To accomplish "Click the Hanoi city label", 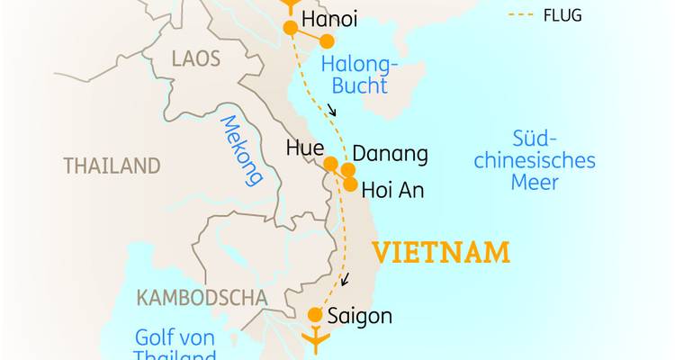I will (x=330, y=20).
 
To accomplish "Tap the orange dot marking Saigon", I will (x=315, y=315).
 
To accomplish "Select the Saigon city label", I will (x=360, y=316).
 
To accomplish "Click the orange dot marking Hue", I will (x=330, y=164).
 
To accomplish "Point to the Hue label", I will (x=304, y=149).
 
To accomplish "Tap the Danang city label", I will (x=390, y=154).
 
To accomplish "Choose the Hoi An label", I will (x=391, y=191).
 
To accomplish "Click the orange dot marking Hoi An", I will (x=349, y=184).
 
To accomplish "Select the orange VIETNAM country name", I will (x=441, y=252).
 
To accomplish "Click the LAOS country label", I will (x=194, y=59).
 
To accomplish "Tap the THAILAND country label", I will (x=112, y=166).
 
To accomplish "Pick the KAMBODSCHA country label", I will (x=202, y=297).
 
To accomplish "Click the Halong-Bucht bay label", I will (x=355, y=75).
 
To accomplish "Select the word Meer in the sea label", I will (x=535, y=183).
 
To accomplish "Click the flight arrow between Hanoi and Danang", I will (x=332, y=111).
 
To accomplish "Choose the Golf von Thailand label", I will (x=175, y=346).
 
